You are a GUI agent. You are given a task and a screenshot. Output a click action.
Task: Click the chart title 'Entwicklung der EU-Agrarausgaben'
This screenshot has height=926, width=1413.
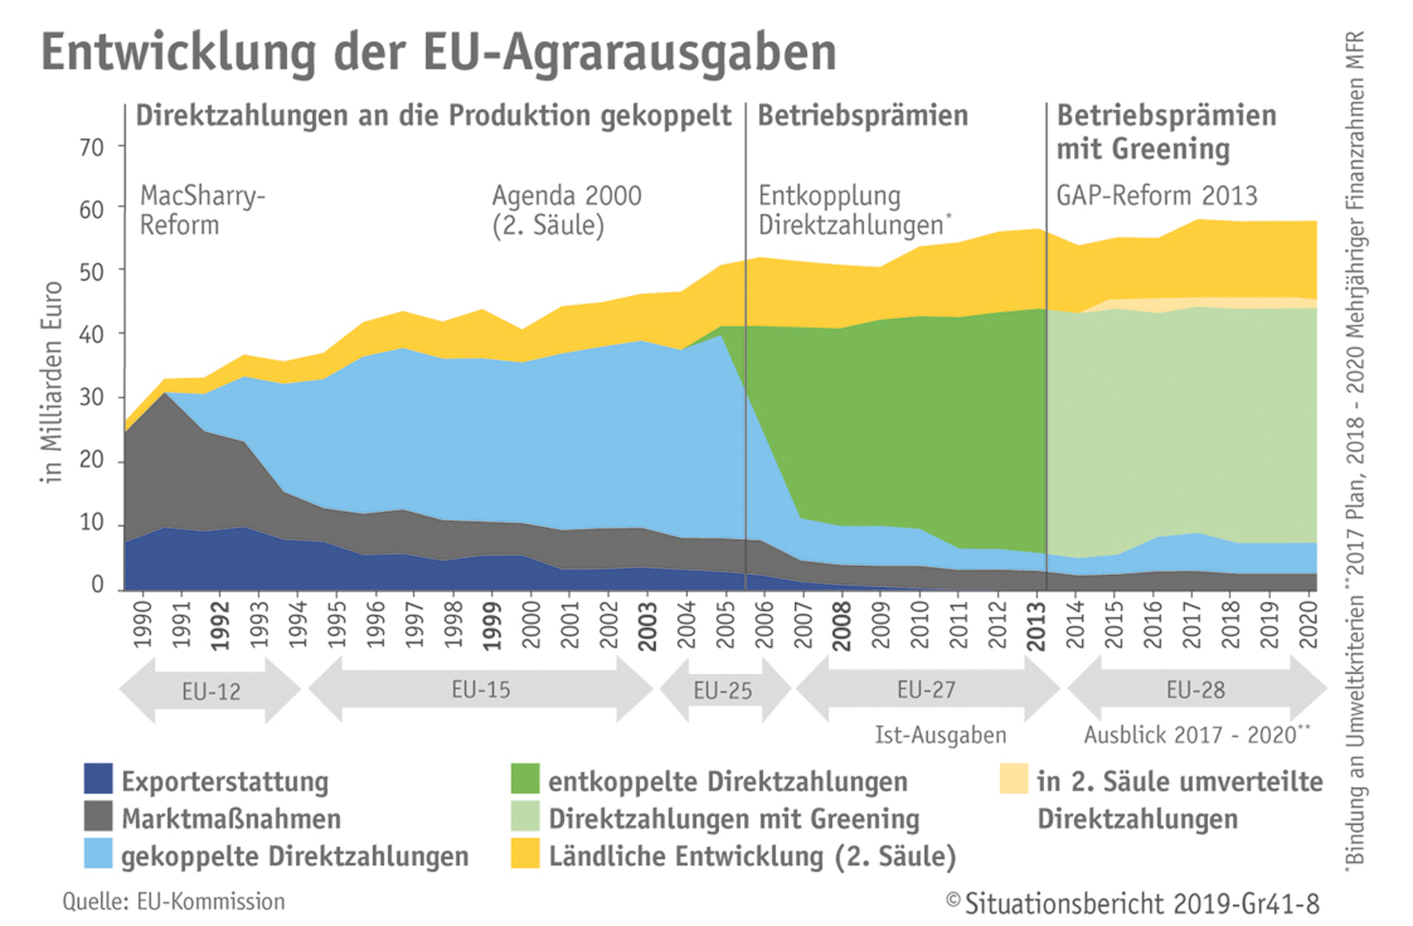439,53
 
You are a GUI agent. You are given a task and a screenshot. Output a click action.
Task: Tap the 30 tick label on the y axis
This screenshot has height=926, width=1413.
92,397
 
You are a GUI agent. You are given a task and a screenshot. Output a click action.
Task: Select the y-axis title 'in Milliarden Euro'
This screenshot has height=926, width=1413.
52,382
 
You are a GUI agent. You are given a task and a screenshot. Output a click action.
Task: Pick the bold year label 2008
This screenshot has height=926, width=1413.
842,626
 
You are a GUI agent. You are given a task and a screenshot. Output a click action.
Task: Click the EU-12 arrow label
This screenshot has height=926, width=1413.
211,692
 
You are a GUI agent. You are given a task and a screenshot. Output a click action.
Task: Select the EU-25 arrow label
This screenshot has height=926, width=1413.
722,691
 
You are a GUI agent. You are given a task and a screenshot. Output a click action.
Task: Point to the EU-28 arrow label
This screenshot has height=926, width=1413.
1195,690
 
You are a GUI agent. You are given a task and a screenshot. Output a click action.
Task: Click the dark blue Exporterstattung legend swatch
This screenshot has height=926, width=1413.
98,779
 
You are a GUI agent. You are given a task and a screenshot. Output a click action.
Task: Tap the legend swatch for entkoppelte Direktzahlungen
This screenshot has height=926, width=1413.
525,779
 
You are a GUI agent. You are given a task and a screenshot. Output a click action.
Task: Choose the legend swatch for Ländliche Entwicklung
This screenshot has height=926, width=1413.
525,853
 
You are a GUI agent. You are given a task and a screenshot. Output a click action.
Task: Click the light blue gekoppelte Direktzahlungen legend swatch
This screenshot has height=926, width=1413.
98,853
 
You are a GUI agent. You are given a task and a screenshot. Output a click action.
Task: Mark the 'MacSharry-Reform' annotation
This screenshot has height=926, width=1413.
203,211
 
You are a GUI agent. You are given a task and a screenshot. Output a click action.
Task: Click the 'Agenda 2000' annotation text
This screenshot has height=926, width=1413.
567,195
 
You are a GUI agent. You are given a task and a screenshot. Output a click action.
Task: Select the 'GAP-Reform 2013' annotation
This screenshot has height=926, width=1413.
1157,195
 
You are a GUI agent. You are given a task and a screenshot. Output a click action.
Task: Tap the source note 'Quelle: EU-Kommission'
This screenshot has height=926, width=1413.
174,901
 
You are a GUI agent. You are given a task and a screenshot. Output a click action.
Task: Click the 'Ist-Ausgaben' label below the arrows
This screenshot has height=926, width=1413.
941,735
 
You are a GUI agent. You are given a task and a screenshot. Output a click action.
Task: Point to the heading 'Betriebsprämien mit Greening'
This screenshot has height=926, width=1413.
1167,132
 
